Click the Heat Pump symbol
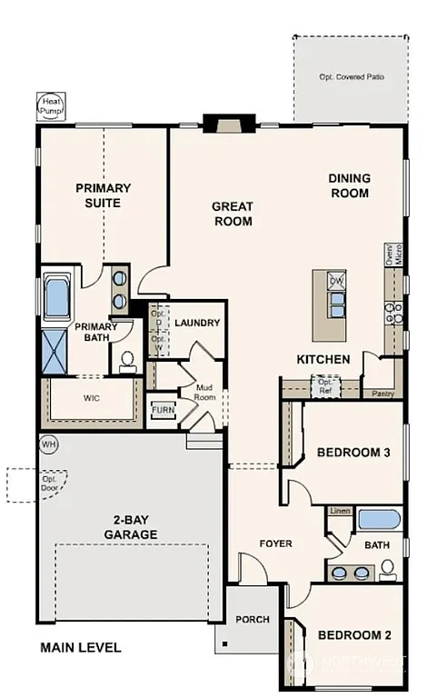pyautogui.click(x=48, y=106)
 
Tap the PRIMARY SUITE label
pyautogui.click(x=103, y=195)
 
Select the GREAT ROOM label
pyautogui.click(x=232, y=214)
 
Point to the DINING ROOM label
pyautogui.click(x=348, y=186)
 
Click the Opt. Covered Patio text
pyautogui.click(x=351, y=77)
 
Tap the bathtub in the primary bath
pyautogui.click(x=58, y=298)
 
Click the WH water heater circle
pyautogui.click(x=48, y=444)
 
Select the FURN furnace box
pyautogui.click(x=162, y=410)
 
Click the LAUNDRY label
pyautogui.click(x=197, y=323)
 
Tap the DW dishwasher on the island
pyautogui.click(x=335, y=281)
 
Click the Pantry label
pyautogui.click(x=382, y=394)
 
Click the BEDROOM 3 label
pyautogui.click(x=353, y=452)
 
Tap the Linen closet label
pyautogui.click(x=340, y=511)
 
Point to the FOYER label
pyautogui.click(x=275, y=543)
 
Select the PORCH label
pyautogui.click(x=253, y=620)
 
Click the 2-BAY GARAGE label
pyautogui.click(x=131, y=528)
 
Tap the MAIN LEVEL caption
pyautogui.click(x=80, y=648)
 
